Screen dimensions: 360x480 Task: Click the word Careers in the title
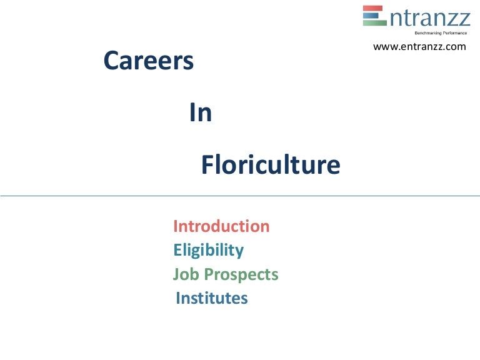click(148, 61)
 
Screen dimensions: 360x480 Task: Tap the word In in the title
click(201, 113)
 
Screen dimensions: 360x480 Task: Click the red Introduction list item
click(221, 226)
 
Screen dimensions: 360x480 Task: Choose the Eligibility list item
click(208, 251)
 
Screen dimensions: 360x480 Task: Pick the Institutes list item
click(212, 299)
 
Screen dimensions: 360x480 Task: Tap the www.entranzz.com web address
click(419, 46)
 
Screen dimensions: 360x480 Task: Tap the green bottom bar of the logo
click(374, 22)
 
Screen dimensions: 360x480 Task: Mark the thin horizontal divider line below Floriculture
click(240, 196)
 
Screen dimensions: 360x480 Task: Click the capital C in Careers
click(111, 61)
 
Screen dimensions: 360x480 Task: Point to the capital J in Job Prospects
click(176, 275)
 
